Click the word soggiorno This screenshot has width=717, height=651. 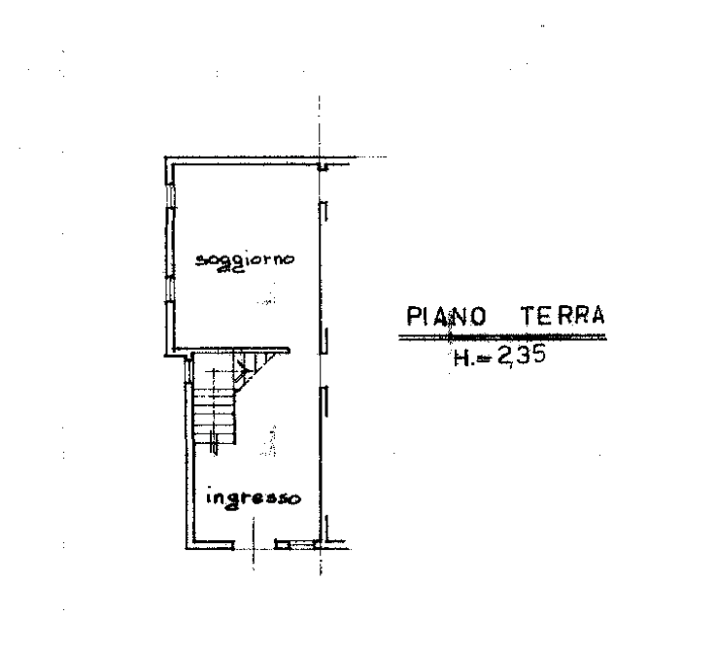tap(244, 259)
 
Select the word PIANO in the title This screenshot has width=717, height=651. tap(446, 316)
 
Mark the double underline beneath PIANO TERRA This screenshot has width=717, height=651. tap(503, 337)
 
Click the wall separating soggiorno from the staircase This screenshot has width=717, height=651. tap(233, 351)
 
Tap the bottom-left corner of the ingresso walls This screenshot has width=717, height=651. tap(188, 546)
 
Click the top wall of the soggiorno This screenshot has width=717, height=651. tap(243, 158)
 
